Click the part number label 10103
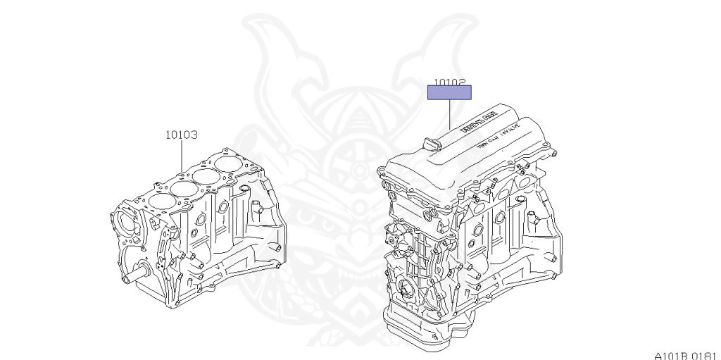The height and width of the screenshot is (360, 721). point(181,134)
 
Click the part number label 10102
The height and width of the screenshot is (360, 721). point(449,82)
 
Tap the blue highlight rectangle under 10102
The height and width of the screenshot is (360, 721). point(449,92)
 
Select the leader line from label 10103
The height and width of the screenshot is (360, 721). point(181,155)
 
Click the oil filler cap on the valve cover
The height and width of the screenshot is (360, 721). point(430,144)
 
